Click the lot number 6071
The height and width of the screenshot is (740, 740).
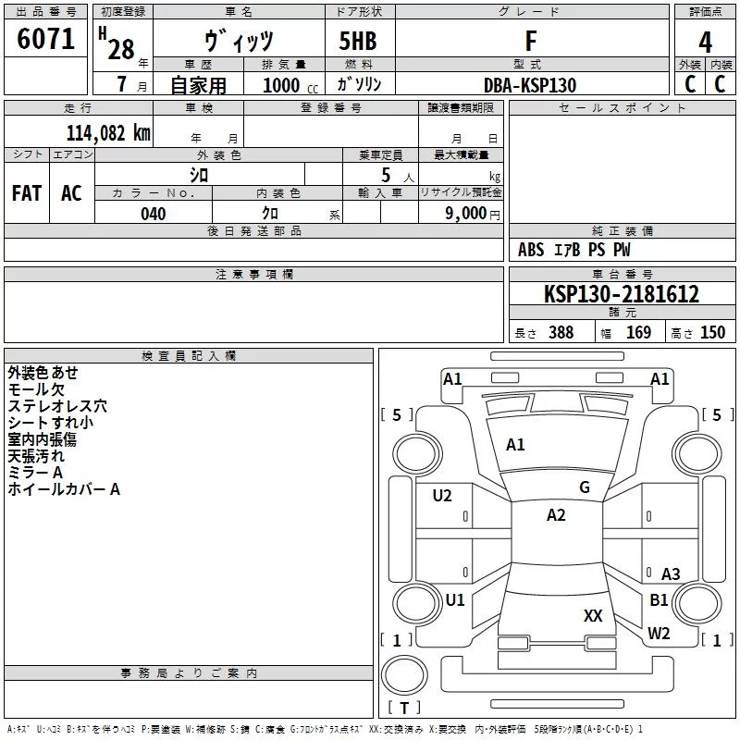pos(46,41)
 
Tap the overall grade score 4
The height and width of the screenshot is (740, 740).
pos(706,43)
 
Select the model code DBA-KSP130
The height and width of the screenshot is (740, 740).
pos(530,85)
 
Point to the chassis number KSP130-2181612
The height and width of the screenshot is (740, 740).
pos(622,294)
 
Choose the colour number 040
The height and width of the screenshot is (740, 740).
pos(153,214)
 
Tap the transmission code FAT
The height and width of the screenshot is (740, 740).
pos(27,193)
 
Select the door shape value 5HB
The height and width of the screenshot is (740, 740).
pos(358,42)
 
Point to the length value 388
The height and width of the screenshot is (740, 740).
pos(561,333)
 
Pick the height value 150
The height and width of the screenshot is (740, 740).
pos(712,333)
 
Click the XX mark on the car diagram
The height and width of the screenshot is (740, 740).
pos(593,615)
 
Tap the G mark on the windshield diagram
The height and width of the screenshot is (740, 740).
pos(585,487)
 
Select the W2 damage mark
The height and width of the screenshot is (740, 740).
pos(659,634)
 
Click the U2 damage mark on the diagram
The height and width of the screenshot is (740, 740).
pos(442,496)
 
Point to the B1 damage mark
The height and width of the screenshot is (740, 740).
pos(659,600)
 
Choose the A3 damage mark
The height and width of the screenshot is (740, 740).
pos(671,574)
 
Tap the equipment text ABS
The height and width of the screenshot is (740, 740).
pos(531,250)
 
